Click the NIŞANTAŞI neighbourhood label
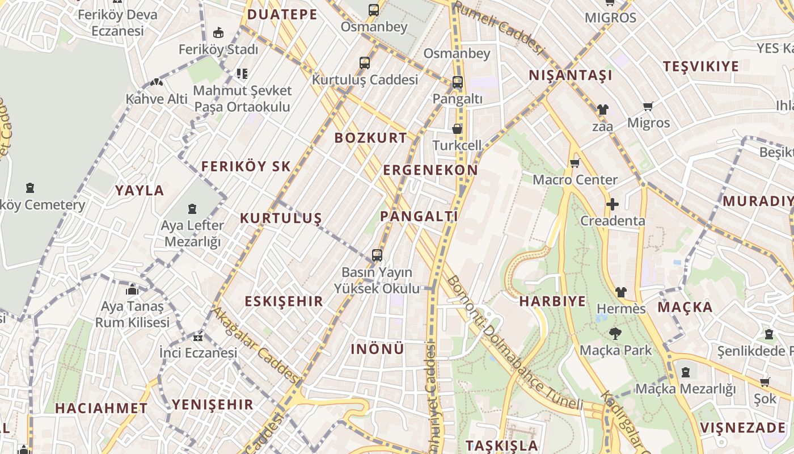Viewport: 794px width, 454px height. tap(571, 75)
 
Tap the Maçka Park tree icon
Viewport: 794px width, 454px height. tap(615, 334)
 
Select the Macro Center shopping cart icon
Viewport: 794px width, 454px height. tap(575, 163)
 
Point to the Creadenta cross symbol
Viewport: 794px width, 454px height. tap(612, 204)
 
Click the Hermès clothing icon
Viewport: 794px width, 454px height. tap(621, 292)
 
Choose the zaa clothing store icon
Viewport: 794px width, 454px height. tap(602, 110)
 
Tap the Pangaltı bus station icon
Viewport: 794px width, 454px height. tap(457, 82)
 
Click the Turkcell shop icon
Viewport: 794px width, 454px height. tap(457, 129)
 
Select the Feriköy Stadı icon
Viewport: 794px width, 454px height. tap(218, 33)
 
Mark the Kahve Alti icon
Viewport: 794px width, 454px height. tap(157, 82)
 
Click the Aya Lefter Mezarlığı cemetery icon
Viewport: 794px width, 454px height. tap(192, 209)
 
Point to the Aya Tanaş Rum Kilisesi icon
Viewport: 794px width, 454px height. tap(132, 290)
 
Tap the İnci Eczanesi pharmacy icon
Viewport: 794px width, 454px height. tap(198, 337)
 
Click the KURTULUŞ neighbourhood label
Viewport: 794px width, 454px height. tap(281, 218)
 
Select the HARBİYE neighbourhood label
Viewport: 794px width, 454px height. tap(552, 301)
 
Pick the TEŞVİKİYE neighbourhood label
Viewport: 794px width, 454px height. tap(701, 66)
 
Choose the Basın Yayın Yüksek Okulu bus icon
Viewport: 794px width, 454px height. tap(377, 255)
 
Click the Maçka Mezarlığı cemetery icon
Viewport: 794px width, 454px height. tap(686, 372)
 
